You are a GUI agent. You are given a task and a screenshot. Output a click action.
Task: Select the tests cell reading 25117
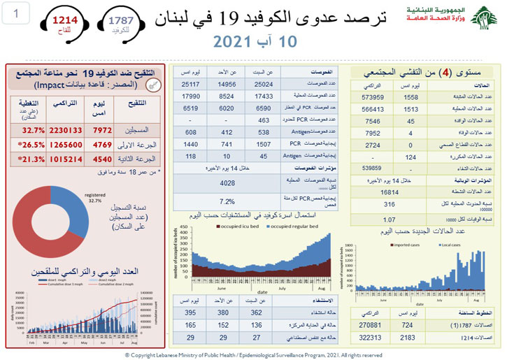[x=190, y=84]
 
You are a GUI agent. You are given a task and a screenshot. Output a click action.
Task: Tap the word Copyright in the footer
[x=144, y=355]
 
